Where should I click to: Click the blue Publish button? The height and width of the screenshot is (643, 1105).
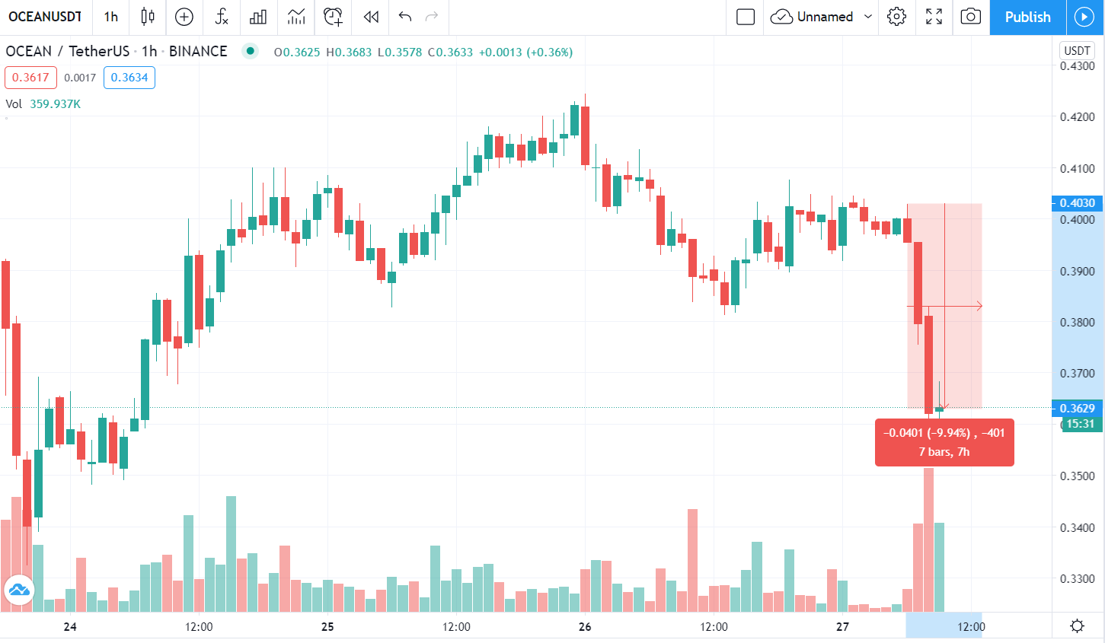click(x=1027, y=17)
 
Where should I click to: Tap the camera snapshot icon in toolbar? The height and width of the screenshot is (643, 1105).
click(x=970, y=17)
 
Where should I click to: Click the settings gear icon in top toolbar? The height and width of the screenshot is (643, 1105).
click(x=896, y=17)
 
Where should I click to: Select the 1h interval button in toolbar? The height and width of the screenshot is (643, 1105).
click(x=111, y=17)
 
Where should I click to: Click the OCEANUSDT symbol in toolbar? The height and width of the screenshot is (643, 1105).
click(x=45, y=17)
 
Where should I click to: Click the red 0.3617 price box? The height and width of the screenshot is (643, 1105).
click(x=30, y=78)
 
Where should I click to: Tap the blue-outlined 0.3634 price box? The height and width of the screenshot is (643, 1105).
click(x=129, y=78)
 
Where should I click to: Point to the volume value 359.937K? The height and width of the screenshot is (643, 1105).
click(x=56, y=104)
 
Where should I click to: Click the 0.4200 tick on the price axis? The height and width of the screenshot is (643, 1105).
click(x=1077, y=117)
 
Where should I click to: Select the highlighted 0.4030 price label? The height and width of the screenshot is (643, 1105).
click(x=1077, y=203)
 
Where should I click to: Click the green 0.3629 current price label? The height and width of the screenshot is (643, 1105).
click(x=1077, y=409)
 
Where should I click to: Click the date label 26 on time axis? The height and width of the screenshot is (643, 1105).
click(x=585, y=627)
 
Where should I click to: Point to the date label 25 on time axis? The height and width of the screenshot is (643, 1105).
click(x=327, y=627)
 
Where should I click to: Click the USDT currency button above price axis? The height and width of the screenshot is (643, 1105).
click(x=1077, y=51)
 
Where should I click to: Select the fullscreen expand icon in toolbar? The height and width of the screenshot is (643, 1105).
click(x=934, y=17)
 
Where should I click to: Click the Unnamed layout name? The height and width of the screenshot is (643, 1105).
click(x=825, y=17)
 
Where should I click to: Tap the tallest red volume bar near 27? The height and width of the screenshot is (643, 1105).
click(x=928, y=540)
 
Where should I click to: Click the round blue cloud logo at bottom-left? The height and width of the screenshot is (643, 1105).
click(x=18, y=590)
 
